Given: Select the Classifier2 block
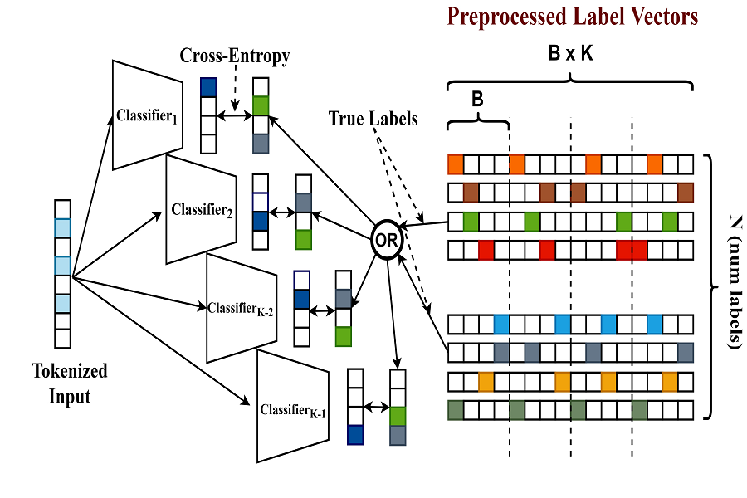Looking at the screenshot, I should pos(202,209).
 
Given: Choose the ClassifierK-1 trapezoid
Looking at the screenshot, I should pos(291,408).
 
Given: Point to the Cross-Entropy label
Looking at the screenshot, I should pos(235,56).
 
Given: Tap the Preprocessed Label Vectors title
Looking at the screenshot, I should pos(573,16).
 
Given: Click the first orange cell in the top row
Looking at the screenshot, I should pos(456,163).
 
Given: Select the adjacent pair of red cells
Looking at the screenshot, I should pos(632,249).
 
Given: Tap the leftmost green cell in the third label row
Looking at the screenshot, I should pos(471,222).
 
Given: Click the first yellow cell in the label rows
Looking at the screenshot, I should pos(486,382).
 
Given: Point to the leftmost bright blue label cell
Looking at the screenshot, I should pos(501,323).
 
